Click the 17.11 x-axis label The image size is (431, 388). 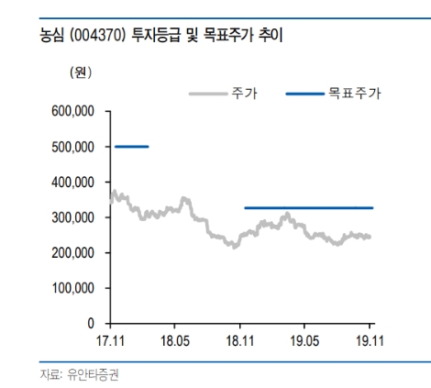click(110, 340)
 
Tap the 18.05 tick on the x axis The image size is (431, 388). click(174, 340)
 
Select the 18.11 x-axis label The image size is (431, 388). click(240, 340)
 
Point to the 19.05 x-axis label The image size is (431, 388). click(304, 340)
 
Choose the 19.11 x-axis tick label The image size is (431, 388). click(370, 340)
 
